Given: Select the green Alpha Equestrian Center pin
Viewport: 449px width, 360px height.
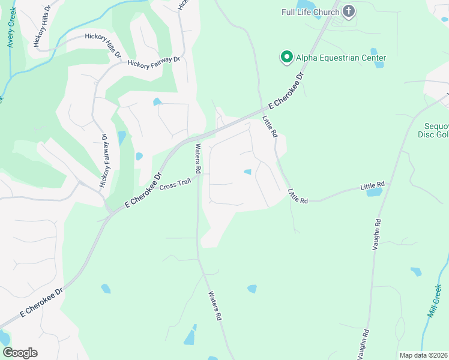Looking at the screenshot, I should click(287, 58).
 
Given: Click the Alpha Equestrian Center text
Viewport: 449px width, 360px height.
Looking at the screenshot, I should click(340, 58).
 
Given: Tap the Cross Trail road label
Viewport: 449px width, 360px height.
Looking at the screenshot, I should click(175, 186).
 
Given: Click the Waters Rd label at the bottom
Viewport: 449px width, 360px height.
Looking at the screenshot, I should click(215, 306).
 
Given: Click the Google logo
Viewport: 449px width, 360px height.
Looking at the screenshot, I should click(20, 352).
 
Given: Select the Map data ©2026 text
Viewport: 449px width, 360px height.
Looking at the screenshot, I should click(423, 355).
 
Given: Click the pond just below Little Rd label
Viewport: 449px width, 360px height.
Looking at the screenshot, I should click(373, 193).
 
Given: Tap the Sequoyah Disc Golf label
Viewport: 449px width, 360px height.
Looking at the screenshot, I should click(433, 130).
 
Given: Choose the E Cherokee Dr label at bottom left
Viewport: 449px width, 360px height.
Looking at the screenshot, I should click(41, 303).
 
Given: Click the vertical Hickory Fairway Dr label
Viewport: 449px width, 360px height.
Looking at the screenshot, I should click(104, 161).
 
